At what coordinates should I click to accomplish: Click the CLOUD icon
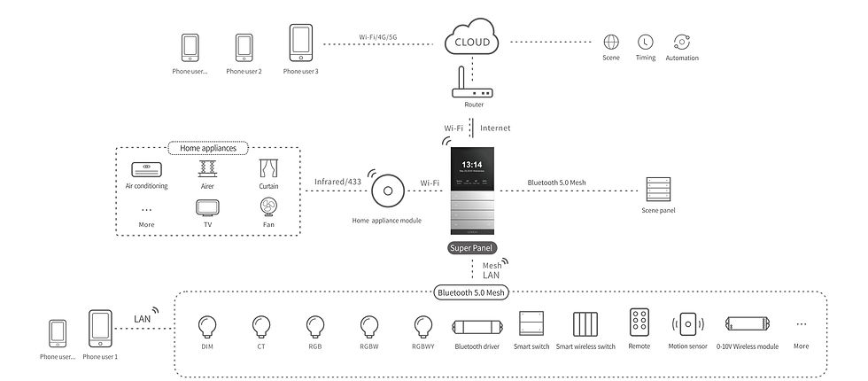471,40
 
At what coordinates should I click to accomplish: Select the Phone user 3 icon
300,43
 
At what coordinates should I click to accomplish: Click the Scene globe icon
610,42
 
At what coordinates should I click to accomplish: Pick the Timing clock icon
646,42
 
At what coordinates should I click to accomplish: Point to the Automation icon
681,42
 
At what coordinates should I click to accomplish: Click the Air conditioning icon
147,169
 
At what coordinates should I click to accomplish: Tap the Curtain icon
267,168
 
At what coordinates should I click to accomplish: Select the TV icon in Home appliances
206,206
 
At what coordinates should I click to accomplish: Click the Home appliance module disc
387,191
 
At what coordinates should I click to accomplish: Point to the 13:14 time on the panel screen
471,164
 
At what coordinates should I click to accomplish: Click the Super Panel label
472,248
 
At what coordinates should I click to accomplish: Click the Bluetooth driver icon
477,325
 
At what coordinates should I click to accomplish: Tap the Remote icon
639,323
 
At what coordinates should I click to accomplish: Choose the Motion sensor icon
687,324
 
